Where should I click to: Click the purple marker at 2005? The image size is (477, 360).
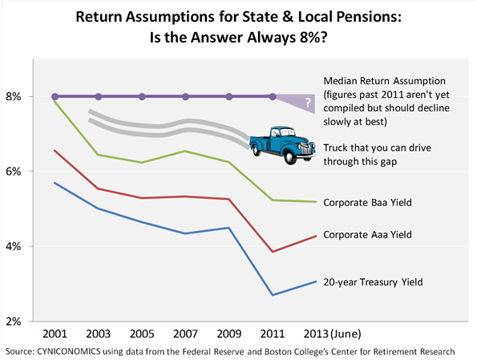(x=143, y=96)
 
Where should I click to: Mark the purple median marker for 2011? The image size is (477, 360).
(x=273, y=96)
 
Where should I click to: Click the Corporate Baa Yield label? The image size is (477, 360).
(x=367, y=203)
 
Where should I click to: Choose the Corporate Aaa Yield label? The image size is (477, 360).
(x=367, y=236)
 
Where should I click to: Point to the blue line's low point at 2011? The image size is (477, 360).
(x=273, y=295)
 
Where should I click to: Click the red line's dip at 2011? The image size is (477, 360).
(x=273, y=252)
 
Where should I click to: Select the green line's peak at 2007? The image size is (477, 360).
(x=186, y=151)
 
